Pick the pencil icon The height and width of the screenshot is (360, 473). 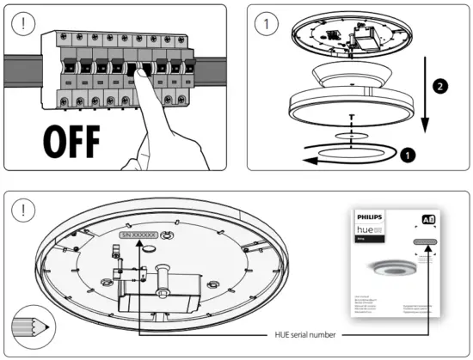[31, 327]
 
